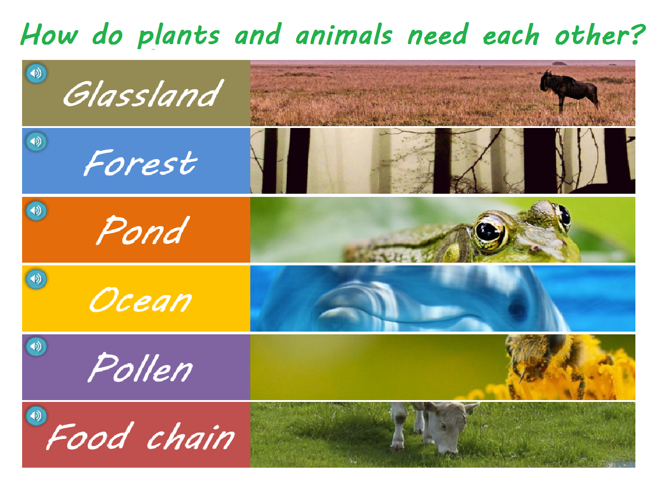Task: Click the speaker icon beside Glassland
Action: pos(37,73)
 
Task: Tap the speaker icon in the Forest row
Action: pos(37,141)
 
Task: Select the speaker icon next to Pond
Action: pos(37,210)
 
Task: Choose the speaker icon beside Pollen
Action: pos(37,346)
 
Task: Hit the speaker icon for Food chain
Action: pos(37,415)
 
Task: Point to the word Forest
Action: pos(141,162)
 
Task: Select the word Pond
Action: pos(143,230)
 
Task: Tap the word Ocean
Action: pos(141,300)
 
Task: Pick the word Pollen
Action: pos(140,368)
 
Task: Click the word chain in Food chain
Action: pos(191,436)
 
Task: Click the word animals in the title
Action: pos(344,35)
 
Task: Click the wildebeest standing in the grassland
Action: pos(569,90)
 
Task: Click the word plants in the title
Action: pos(179,36)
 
